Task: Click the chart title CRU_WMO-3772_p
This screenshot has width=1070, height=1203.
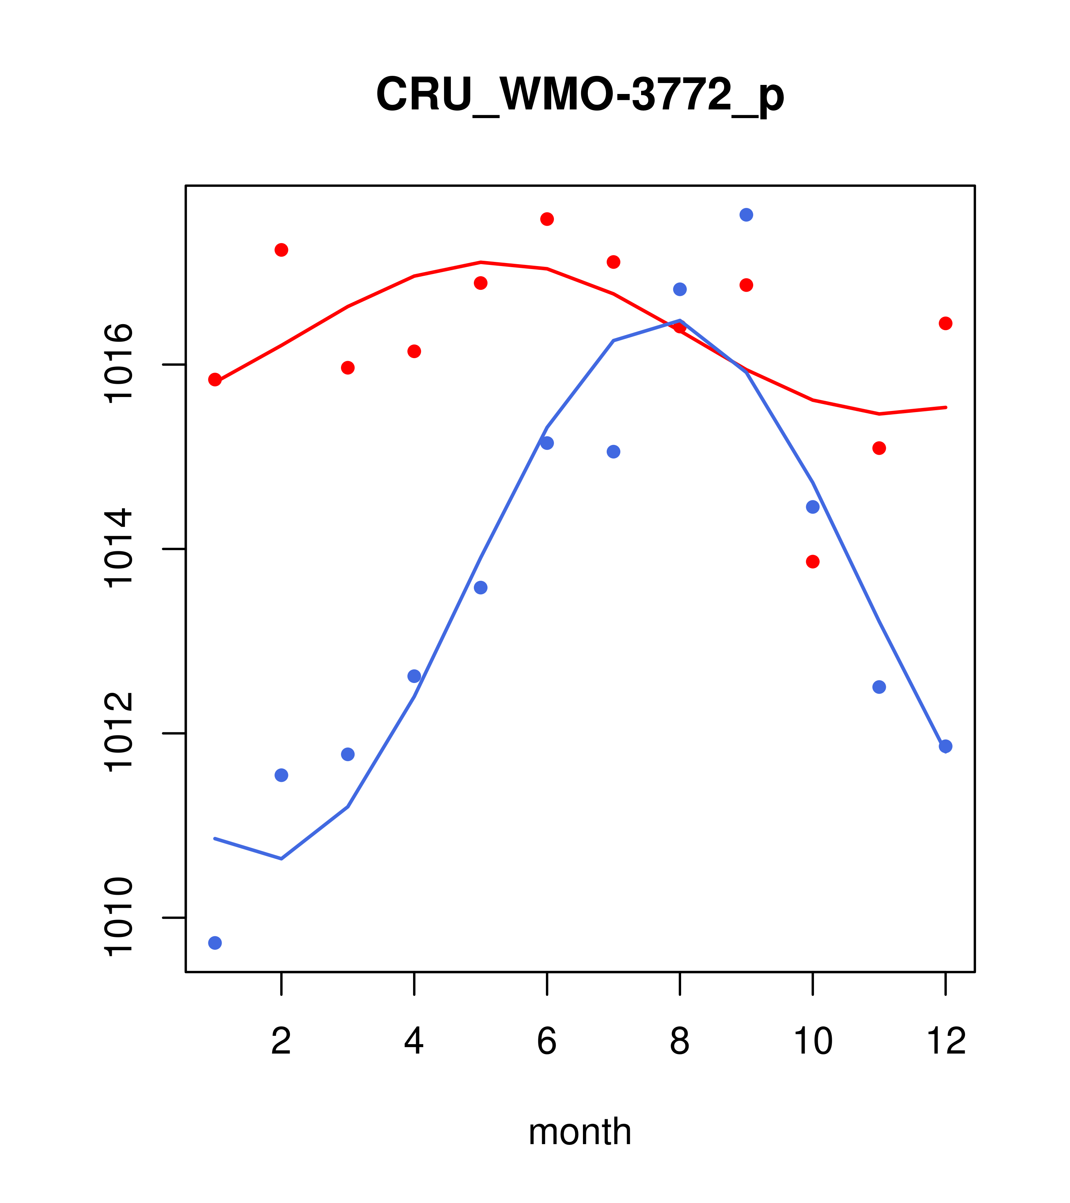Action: pos(580,94)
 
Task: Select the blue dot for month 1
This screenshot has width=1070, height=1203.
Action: pos(215,943)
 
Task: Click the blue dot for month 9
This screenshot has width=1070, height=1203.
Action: pos(746,215)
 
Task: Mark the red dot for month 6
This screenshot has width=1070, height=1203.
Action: pos(547,219)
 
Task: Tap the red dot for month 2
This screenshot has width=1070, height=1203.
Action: pos(282,250)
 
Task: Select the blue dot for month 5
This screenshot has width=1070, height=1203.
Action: pos(481,588)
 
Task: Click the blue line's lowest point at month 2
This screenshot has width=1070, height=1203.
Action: pos(282,859)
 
